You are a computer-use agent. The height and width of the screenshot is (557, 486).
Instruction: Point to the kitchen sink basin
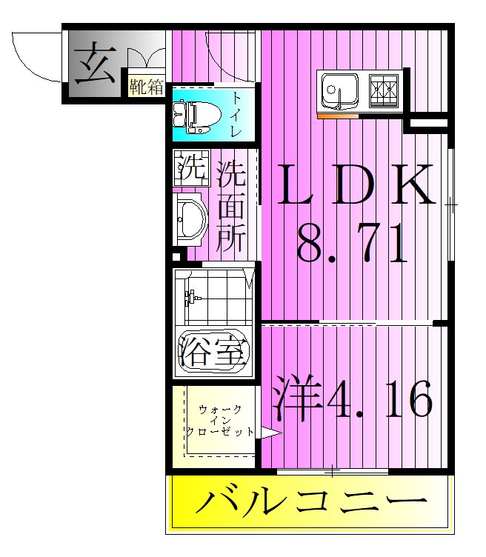(340, 90)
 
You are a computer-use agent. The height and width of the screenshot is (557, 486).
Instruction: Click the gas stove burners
(385, 90)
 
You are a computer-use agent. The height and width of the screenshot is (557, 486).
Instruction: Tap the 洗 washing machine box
(191, 168)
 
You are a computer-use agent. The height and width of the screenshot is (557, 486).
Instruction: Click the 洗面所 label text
(231, 209)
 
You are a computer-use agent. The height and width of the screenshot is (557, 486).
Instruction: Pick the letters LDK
(356, 185)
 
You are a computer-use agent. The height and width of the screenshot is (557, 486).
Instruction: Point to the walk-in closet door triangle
(270, 434)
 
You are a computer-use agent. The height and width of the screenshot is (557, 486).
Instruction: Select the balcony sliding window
(333, 470)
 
